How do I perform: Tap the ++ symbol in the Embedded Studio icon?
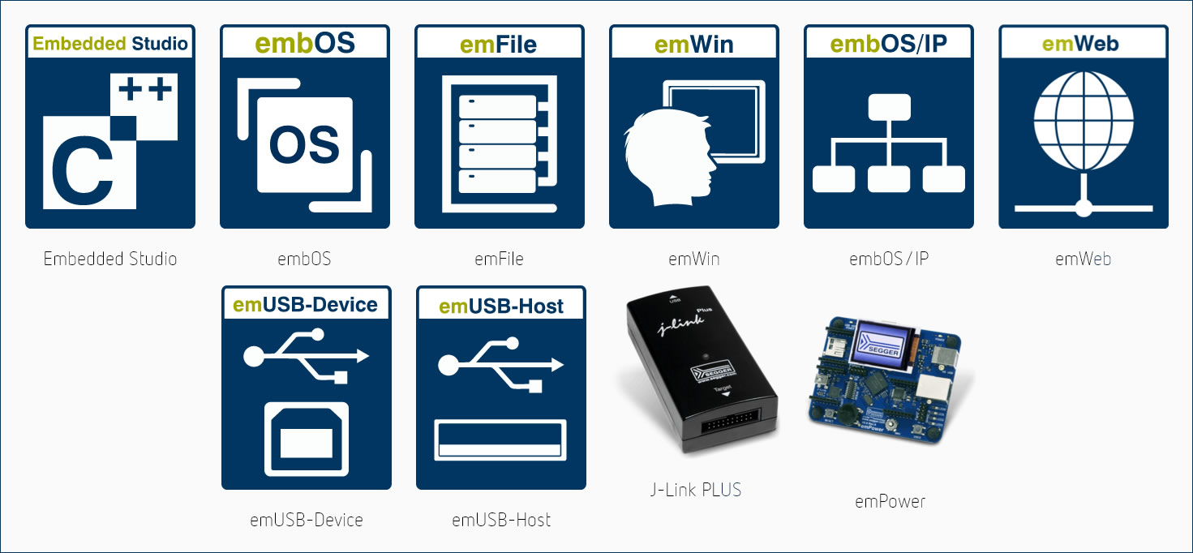click(x=146, y=88)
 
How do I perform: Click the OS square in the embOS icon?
click(x=304, y=144)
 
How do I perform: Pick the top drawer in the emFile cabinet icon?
click(x=498, y=106)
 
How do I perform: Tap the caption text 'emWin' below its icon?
click(x=693, y=259)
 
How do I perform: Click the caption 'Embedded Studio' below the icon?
click(x=110, y=259)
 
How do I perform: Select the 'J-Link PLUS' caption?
click(x=696, y=490)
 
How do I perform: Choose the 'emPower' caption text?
click(x=890, y=501)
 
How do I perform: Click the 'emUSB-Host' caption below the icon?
click(x=501, y=520)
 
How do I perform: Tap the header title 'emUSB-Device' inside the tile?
click(x=306, y=305)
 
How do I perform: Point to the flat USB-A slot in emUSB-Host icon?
click(x=500, y=440)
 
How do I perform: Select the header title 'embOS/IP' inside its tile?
click(x=889, y=43)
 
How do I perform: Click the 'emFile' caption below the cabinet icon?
click(x=499, y=259)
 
